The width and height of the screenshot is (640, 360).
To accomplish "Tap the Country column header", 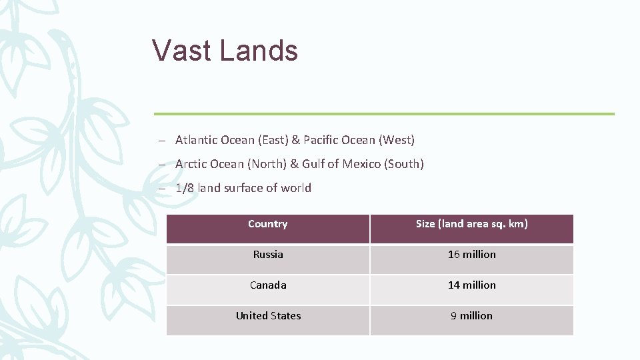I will [x=267, y=224].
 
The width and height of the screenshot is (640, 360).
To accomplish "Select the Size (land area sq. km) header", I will [x=471, y=224].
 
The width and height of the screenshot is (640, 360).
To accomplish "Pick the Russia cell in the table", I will [x=268, y=255].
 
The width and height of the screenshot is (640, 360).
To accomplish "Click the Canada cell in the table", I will [x=268, y=285].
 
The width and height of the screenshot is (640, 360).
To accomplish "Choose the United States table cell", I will [x=268, y=316].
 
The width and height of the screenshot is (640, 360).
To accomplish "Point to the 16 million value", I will [x=471, y=255].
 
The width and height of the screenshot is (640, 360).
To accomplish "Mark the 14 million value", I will [x=471, y=285].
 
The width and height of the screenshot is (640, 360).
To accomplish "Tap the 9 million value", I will [x=471, y=316].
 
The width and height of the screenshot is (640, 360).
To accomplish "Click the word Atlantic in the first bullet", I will [x=196, y=140].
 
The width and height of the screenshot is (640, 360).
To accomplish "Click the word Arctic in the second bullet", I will [x=191, y=164].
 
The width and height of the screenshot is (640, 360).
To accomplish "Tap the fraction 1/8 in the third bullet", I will [x=185, y=188].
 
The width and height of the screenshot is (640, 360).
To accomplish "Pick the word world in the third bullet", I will [x=296, y=188].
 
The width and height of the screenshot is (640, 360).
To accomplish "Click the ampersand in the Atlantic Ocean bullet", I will [x=295, y=140].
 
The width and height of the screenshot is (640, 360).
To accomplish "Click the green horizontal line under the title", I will [x=383, y=114].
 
